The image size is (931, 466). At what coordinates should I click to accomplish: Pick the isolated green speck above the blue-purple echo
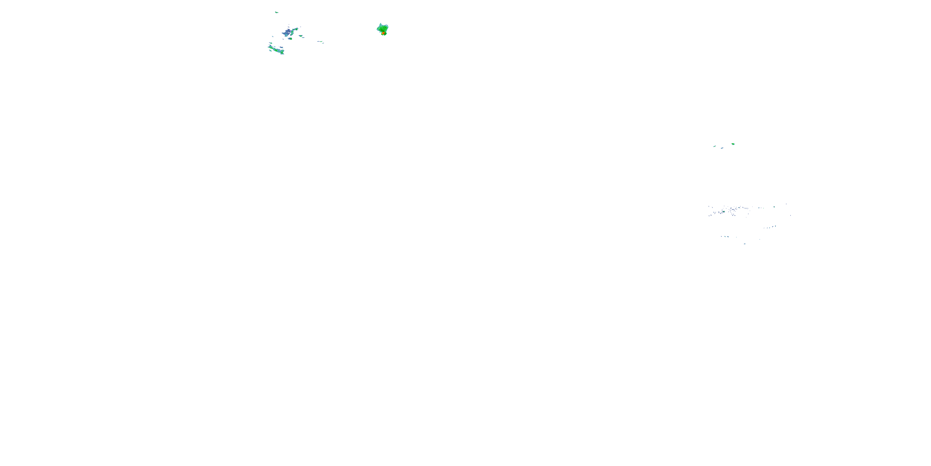[277, 12]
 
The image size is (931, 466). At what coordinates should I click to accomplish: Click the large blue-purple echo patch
[288, 33]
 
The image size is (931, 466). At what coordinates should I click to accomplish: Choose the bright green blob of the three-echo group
[733, 144]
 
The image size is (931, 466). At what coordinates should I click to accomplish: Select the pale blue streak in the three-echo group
[722, 148]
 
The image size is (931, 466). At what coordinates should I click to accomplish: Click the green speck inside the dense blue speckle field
[724, 211]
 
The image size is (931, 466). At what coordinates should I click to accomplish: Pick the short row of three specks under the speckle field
[725, 237]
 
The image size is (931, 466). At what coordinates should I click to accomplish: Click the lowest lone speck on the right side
[744, 244]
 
